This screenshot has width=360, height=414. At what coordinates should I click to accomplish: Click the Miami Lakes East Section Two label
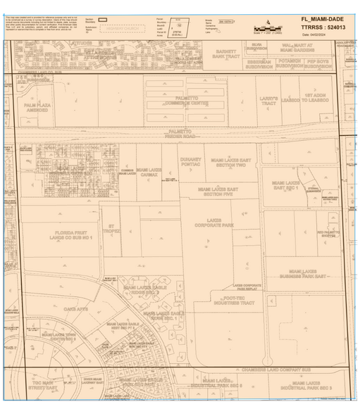click(x=228, y=163)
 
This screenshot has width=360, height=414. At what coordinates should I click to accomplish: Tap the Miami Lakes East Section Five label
click(x=218, y=192)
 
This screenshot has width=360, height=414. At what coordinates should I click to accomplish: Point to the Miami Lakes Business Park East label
click(x=305, y=273)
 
